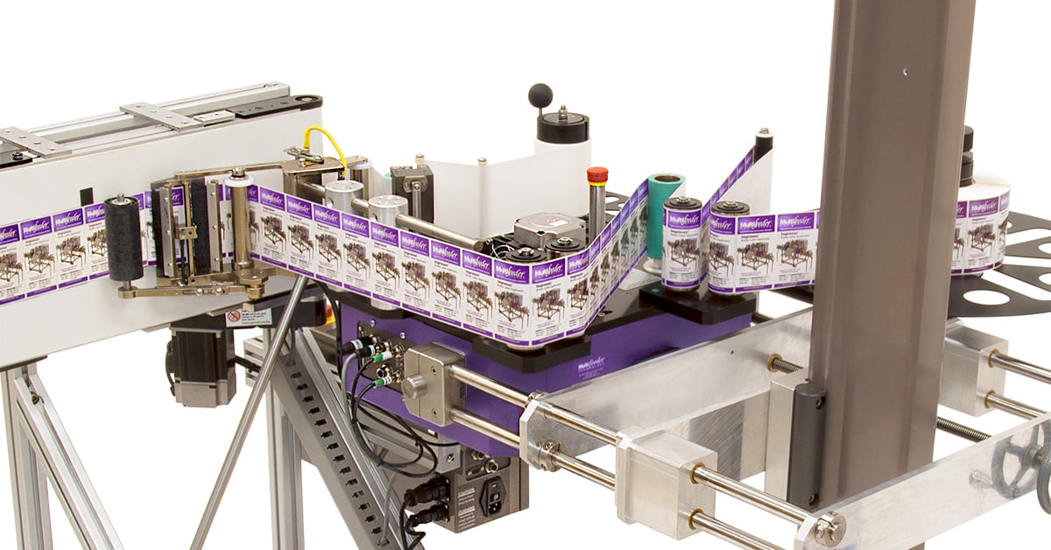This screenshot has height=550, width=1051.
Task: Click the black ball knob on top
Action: [x=540, y=94]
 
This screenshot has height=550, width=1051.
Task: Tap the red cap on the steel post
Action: [x=597, y=174]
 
